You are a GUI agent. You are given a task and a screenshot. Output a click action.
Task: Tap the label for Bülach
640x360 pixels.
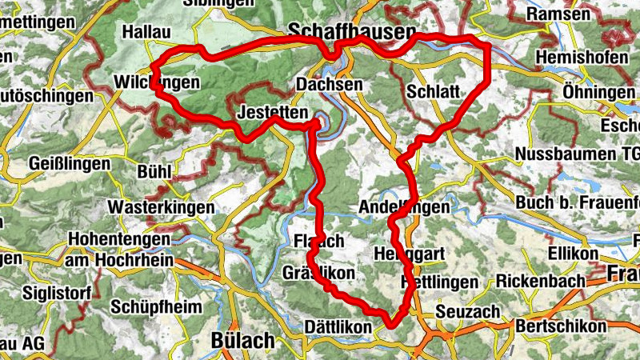[242, 340]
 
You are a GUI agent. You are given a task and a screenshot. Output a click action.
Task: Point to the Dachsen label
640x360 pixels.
[329, 85]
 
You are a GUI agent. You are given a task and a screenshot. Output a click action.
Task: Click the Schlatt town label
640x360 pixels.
[433, 91]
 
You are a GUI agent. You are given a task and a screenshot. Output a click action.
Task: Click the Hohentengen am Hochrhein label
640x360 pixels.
[118, 249]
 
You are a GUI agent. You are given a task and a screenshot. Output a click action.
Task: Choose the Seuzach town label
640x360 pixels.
[469, 310]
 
